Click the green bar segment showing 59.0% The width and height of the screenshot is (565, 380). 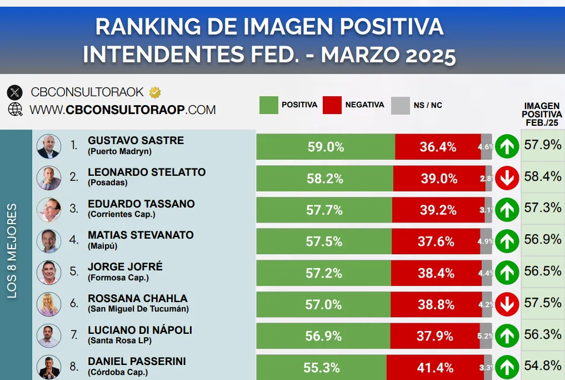coord(326,147)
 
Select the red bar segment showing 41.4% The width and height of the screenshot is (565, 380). coord(435,368)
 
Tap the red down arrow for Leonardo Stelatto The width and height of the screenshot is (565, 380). coord(507,178)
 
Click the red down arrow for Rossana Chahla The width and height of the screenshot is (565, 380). coord(507,304)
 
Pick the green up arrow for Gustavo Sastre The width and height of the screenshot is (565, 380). coord(507,147)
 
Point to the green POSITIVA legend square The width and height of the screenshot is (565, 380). coord(268,105)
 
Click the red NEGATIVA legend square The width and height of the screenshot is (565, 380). coord(332,105)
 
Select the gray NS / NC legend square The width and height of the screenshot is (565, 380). coord(400,105)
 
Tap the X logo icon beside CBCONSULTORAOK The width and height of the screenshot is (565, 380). coord(15,92)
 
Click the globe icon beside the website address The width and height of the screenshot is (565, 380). coord(15,109)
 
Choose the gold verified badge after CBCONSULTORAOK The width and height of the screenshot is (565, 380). coord(155,92)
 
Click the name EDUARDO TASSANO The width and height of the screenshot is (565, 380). coord(141,204)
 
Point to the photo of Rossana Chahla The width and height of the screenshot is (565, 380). coord(48,304)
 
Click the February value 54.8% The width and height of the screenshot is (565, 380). coord(542,366)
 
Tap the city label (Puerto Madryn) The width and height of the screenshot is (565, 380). coord(119,151)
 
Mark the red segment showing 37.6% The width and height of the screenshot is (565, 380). coord(436,241)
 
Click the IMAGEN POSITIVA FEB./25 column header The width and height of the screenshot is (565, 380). coord(542,114)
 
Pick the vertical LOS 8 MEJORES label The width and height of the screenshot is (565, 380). coord(12,250)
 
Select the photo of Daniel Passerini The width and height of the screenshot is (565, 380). coord(48,367)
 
